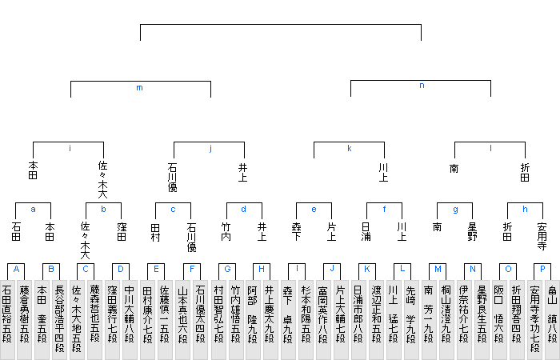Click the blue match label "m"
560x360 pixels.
140,88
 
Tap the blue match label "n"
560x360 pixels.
422,86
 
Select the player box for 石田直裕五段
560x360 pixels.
7,320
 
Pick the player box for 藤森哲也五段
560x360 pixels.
94,320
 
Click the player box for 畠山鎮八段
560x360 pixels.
553,320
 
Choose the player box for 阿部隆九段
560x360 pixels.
253,320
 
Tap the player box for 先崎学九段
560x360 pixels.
411,320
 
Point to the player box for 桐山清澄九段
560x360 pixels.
446,320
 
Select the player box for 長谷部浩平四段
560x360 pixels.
60,320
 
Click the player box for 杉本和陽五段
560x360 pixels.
306,320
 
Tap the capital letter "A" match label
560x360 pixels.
16,269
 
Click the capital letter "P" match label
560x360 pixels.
542,269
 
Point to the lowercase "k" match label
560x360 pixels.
350,148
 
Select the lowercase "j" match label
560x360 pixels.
210,149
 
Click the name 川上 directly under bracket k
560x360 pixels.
383,173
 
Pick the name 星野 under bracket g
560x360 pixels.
472,232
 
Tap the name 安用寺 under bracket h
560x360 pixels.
542,237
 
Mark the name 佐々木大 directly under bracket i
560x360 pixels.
103,180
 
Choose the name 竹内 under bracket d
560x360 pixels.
226,232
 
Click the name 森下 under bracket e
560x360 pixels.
297,232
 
